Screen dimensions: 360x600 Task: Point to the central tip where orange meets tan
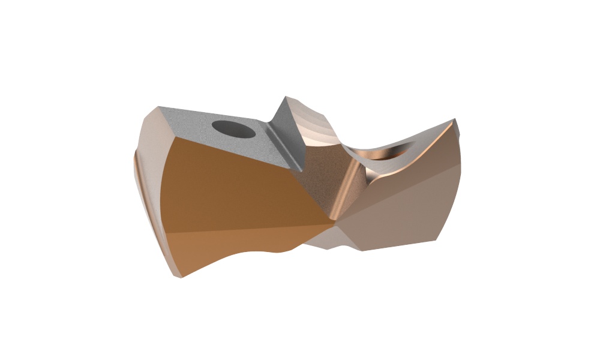pos(334,224)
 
